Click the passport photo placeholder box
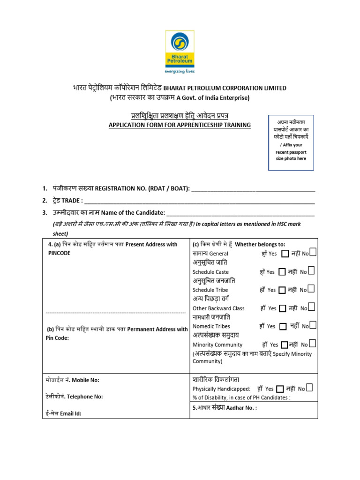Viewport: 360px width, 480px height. click(x=291, y=142)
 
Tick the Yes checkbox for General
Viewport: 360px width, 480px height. click(x=285, y=254)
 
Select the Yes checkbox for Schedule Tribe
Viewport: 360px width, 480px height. click(x=282, y=290)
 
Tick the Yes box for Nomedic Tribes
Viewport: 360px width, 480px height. click(x=283, y=326)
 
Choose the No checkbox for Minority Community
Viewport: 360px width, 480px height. click(x=312, y=344)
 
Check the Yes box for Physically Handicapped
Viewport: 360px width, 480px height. click(x=280, y=389)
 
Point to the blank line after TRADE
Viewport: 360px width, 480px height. click(x=199, y=201)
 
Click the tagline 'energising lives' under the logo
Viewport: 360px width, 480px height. click(x=180, y=72)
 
